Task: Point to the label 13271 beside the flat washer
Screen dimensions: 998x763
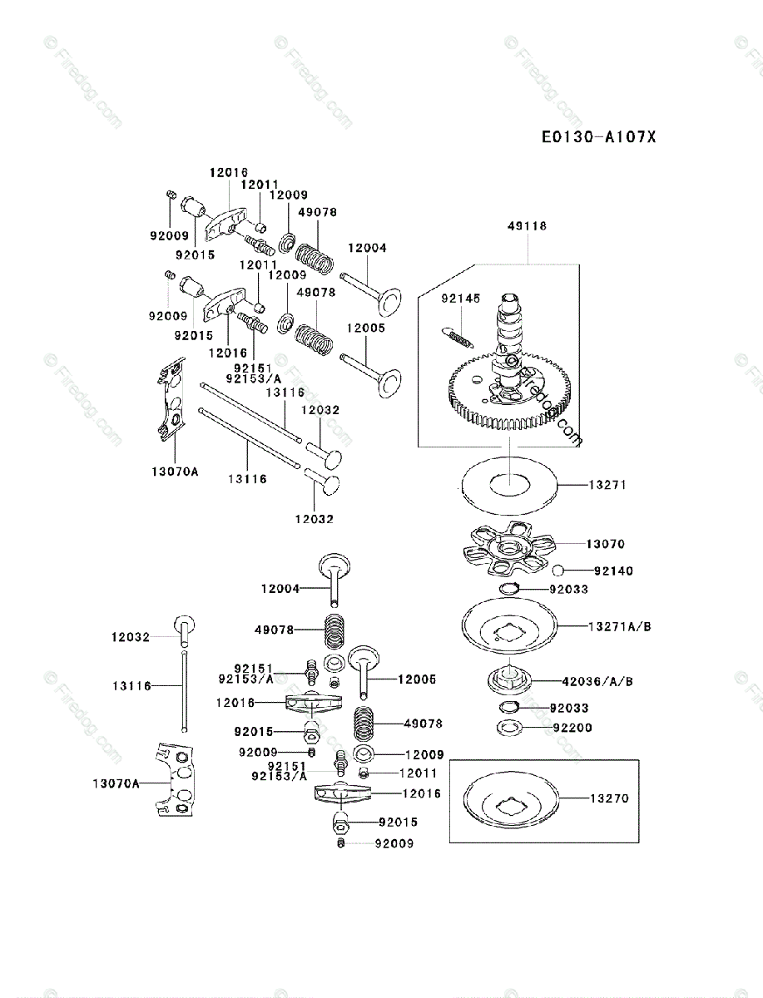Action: click(607, 484)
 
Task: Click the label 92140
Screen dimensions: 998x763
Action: click(614, 571)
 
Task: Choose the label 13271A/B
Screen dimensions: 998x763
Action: click(620, 626)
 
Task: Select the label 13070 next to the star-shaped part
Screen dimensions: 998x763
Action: click(605, 544)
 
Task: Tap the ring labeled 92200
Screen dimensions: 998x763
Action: click(508, 729)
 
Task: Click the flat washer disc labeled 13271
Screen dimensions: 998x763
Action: click(508, 483)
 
